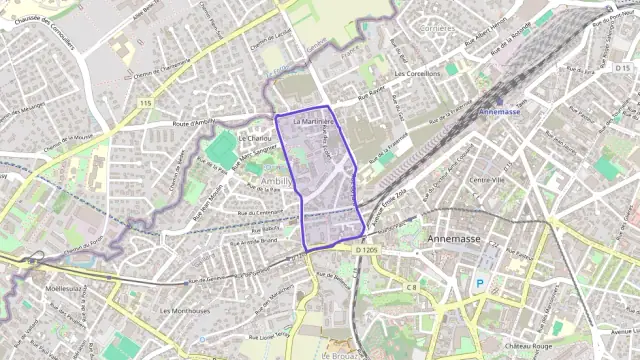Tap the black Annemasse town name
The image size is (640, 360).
click(456, 240)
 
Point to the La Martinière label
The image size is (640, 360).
click(314, 121)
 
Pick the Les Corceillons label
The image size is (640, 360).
click(418, 74)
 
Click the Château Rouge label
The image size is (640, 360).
click(531, 345)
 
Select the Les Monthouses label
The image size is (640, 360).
click(185, 310)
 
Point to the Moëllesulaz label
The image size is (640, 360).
click(65, 287)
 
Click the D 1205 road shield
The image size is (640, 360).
click(367, 249)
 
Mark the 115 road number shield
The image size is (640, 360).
click(146, 103)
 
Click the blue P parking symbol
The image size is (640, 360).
click(479, 283)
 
